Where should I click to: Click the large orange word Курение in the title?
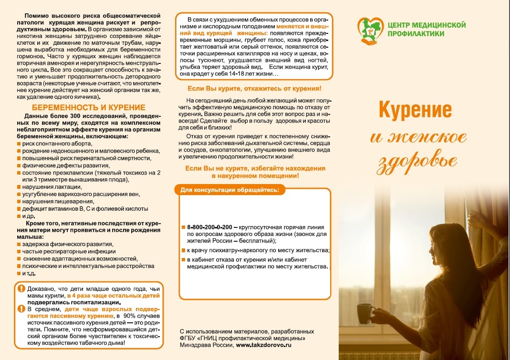[415, 110]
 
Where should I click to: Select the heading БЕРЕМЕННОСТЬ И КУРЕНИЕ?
[88, 108]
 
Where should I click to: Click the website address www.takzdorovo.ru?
[263, 344]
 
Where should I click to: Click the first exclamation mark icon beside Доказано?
[21, 288]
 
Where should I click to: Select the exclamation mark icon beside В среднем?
[21, 309]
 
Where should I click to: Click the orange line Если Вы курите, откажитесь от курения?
[254, 89]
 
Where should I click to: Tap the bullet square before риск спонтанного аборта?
[19, 144]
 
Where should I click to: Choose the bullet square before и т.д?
[19, 273]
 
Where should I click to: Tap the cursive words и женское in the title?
[418, 136]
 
